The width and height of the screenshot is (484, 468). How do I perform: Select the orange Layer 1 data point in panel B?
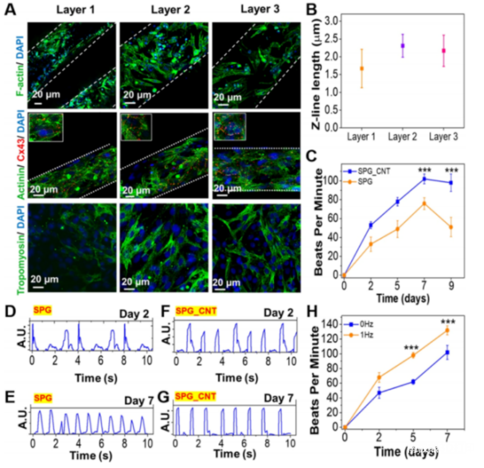click(x=361, y=69)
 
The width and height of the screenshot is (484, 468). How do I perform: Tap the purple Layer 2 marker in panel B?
click(x=403, y=46)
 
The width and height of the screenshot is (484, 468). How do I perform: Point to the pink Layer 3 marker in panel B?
click(x=444, y=51)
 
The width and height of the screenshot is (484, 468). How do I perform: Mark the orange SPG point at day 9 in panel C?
click(x=451, y=227)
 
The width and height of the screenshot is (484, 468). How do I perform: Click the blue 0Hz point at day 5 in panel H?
click(x=412, y=382)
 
